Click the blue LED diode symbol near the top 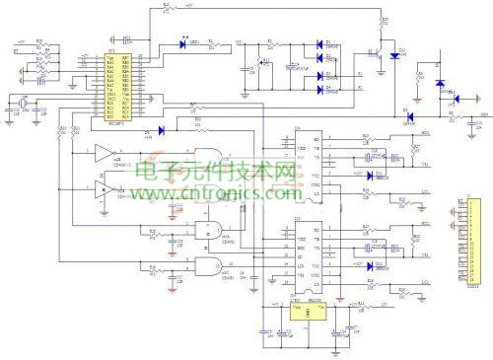[x=183, y=42]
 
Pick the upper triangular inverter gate [x=104, y=154]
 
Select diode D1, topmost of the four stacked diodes [x=320, y=42]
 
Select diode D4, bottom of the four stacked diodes [x=320, y=90]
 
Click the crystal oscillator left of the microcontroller [x=19, y=104]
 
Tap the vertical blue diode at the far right [x=440, y=85]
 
